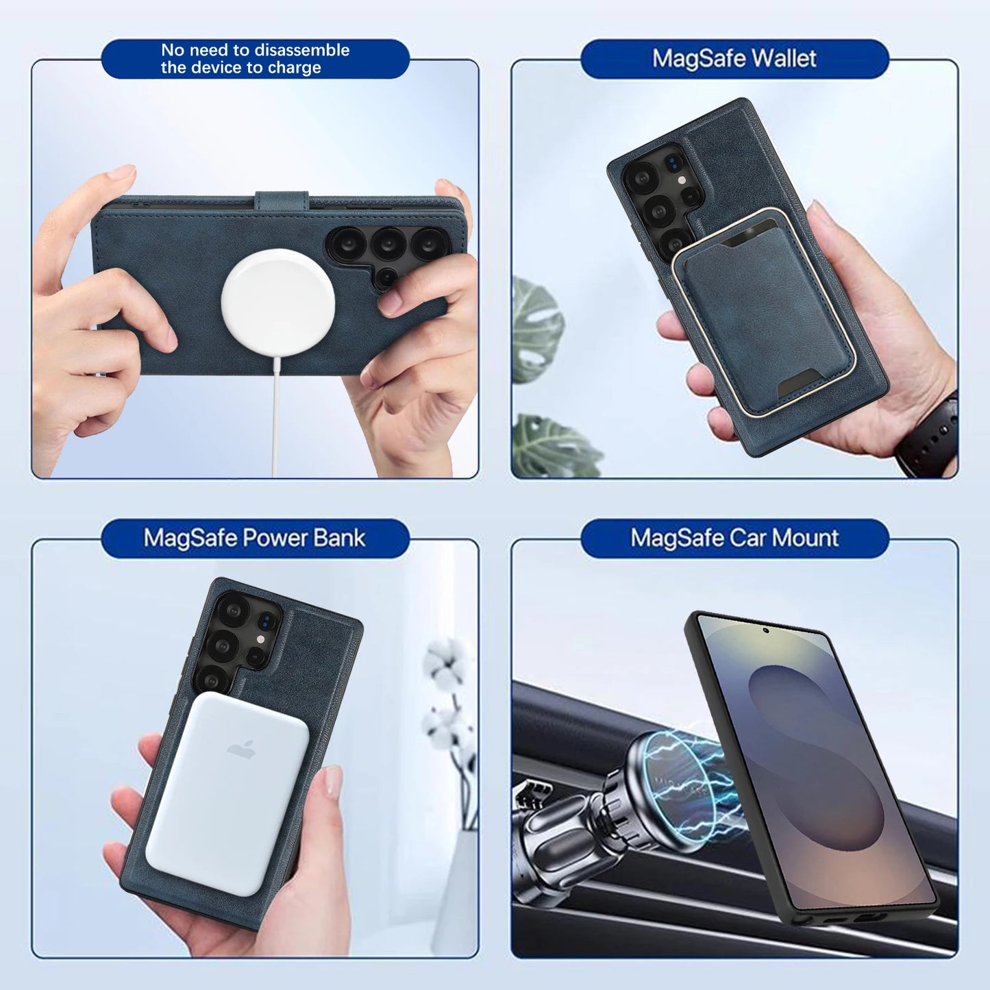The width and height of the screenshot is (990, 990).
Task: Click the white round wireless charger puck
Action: pyautogui.click(x=278, y=301)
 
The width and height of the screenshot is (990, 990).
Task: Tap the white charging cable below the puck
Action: pyautogui.click(x=275, y=418)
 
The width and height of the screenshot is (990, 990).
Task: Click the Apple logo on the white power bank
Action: pyautogui.click(x=241, y=750)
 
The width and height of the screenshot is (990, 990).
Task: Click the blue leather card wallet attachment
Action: pyautogui.click(x=764, y=312)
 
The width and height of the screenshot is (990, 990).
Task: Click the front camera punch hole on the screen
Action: pyautogui.click(x=766, y=629)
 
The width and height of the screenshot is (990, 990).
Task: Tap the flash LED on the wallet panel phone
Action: pyautogui.click(x=681, y=180)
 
